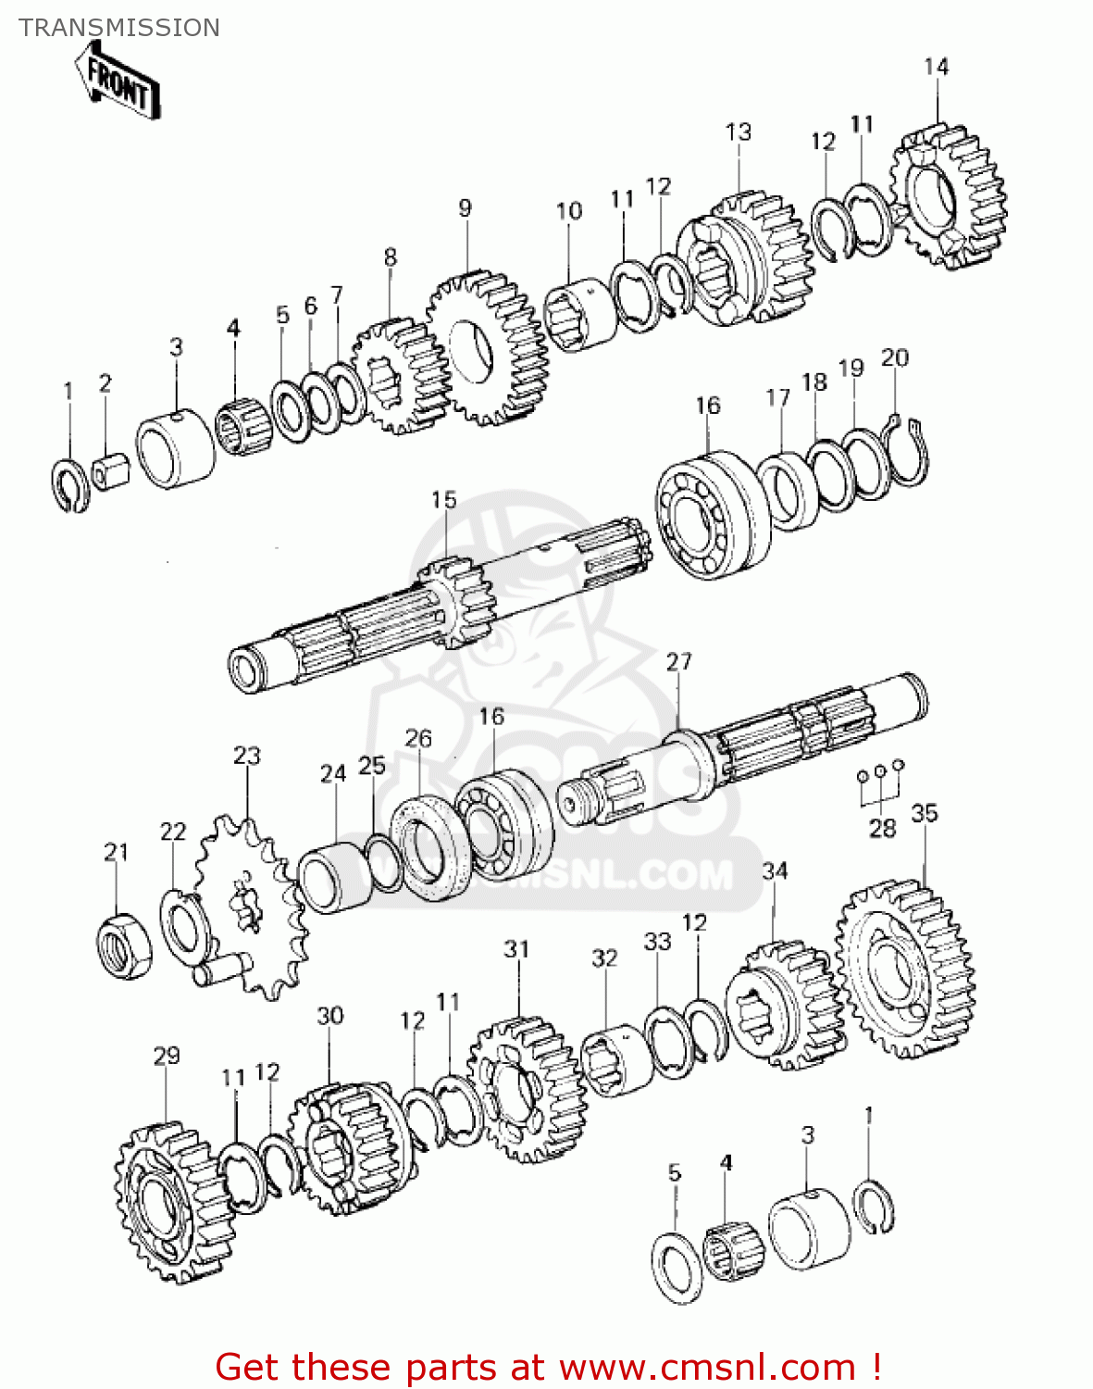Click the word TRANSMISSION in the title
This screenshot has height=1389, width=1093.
pos(119,28)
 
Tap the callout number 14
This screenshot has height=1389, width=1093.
pos(936,67)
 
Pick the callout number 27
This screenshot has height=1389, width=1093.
pos(678,662)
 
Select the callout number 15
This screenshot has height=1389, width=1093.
pos(443,500)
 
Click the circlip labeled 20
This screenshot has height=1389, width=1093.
pos(907,454)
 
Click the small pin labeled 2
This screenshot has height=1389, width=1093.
pos(109,473)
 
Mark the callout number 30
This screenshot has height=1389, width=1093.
pos(329,1016)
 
